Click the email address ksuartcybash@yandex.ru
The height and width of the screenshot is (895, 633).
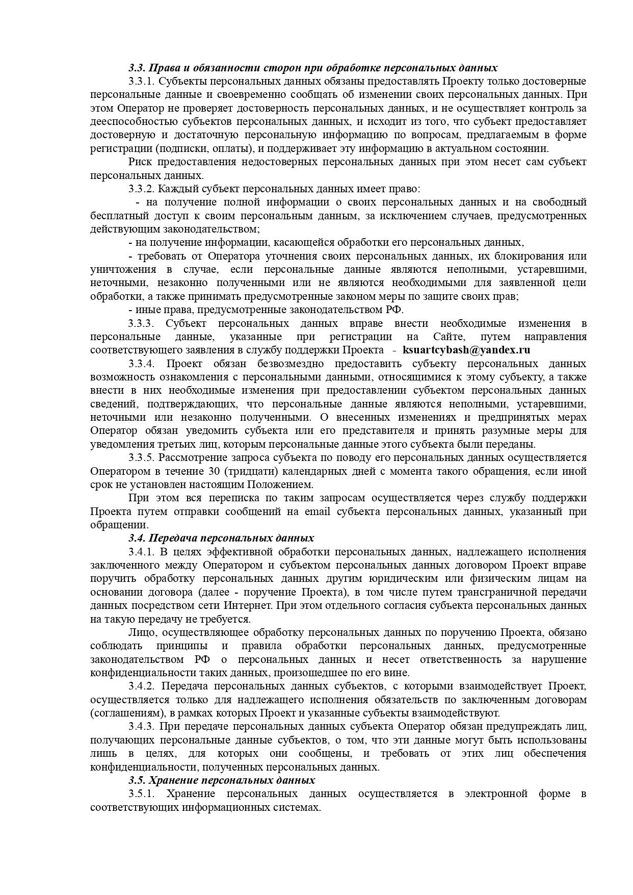(466, 350)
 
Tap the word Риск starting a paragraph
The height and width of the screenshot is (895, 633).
(139, 162)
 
